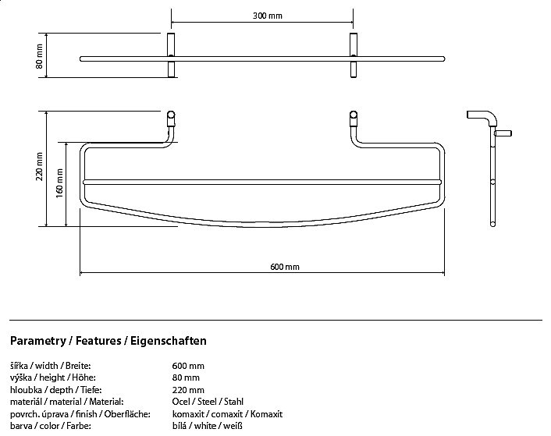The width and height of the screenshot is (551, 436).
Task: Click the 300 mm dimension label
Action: click(x=263, y=16)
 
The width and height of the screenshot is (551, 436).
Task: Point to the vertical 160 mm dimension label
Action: click(x=60, y=183)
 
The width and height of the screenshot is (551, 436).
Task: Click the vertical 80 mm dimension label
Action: click(x=39, y=55)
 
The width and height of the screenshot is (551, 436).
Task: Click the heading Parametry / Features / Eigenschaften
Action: click(x=108, y=341)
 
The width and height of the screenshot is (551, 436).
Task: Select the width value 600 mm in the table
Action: click(x=188, y=365)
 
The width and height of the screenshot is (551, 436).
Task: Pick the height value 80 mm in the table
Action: click(x=186, y=378)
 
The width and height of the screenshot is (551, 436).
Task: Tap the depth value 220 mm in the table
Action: click(x=188, y=390)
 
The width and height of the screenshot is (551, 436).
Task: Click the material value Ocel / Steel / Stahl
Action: click(x=207, y=402)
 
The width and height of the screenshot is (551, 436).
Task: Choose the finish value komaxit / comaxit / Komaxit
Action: click(x=227, y=414)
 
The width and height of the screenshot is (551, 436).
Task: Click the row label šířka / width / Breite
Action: click(x=51, y=365)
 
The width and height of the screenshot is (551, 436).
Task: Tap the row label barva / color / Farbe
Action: click(x=50, y=427)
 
